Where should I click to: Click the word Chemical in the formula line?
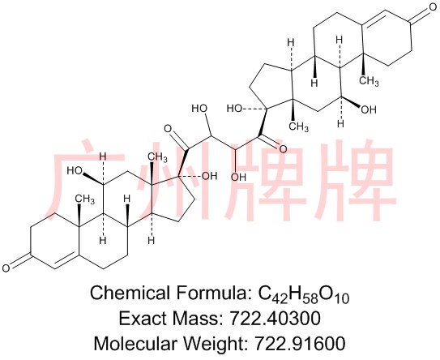click(128, 293)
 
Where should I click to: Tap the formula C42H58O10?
click(303, 294)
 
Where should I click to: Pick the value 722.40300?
click(274, 319)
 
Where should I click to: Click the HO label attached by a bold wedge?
click(75, 171)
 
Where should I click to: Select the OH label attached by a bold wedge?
click(369, 109)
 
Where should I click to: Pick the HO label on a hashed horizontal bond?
click(235, 109)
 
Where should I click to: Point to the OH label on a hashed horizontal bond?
click(210, 176)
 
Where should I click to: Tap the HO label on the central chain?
click(199, 108)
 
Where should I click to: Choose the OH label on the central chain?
click(238, 178)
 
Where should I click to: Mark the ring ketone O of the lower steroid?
click(6, 268)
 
